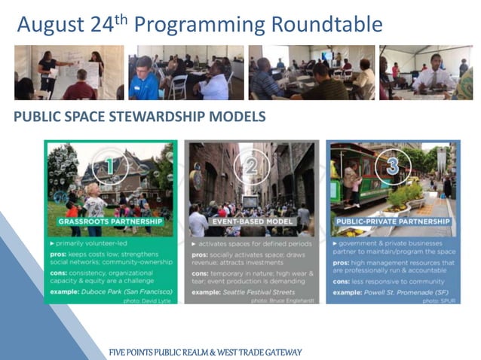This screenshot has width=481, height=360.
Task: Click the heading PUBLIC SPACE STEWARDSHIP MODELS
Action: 139,117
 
